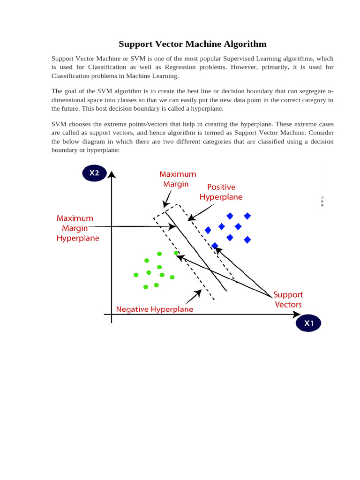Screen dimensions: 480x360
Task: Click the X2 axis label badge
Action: coord(95,173)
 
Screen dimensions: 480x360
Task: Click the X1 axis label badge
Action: coord(308,323)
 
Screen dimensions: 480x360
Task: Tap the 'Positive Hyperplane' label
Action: coord(221,192)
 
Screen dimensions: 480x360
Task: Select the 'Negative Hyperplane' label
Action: coord(155,309)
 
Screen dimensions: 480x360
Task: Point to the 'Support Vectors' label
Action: coord(288,300)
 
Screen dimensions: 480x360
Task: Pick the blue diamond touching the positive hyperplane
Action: coord(215,246)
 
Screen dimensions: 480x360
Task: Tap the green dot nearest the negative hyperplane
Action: coord(176,253)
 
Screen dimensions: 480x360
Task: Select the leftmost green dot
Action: coord(136,275)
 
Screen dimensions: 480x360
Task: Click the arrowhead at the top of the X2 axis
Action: coord(112,175)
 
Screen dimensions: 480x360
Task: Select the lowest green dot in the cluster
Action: coord(146,286)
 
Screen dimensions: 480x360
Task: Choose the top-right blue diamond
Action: coord(247,216)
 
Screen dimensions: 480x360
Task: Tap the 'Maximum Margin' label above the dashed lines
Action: coord(178,179)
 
